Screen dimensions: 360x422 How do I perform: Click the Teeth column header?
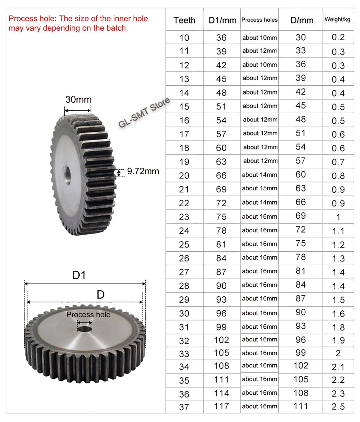pos(184,20)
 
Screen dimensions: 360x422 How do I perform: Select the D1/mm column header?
pos(222,20)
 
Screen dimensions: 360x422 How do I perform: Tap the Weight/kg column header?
pos(337,19)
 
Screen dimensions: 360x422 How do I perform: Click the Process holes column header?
pos(259,20)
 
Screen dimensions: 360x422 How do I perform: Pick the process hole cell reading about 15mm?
pos(259,188)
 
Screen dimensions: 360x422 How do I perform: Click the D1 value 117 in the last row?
pos(222,406)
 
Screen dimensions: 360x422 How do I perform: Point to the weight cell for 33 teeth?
pos(338,353)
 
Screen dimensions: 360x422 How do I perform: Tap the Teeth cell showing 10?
pos(184,38)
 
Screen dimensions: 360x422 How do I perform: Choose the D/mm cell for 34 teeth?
pos(301,366)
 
